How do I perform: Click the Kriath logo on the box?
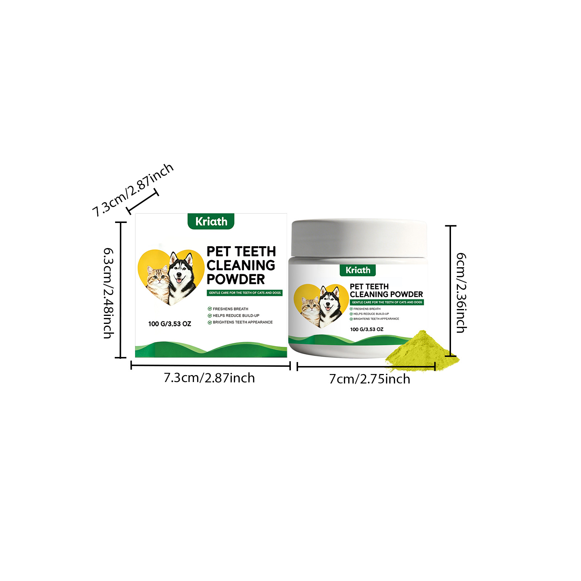point(211,221)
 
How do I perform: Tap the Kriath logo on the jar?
point(358,270)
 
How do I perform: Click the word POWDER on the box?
point(236,279)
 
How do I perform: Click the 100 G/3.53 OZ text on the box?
point(170,324)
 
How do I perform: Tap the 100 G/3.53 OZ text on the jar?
point(367,329)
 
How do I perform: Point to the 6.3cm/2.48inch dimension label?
point(109,293)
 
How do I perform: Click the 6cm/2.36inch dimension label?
point(461,293)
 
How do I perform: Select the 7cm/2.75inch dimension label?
point(370,379)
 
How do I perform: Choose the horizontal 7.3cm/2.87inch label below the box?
point(209,378)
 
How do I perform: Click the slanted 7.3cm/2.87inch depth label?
point(133,190)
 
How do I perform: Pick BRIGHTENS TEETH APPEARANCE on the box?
point(240,322)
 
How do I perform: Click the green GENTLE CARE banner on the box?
point(245,293)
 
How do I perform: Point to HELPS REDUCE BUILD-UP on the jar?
point(369,314)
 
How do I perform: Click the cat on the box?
point(158,284)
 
